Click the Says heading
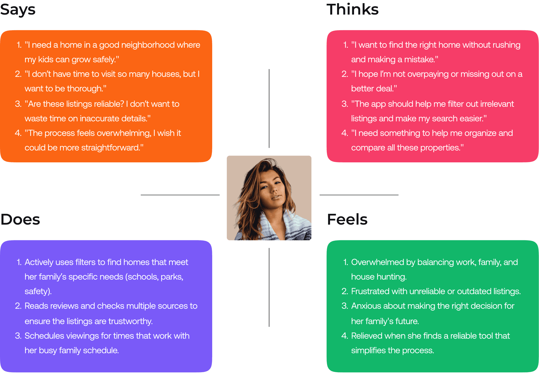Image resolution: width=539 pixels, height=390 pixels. (18, 10)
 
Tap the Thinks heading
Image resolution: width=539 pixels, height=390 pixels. (352, 9)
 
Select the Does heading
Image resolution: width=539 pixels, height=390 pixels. (20, 219)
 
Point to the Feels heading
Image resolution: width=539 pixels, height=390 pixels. (347, 219)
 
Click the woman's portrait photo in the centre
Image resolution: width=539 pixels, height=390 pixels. (269, 198)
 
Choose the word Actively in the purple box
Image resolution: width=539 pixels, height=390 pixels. (39, 262)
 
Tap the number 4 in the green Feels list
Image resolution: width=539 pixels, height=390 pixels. (344, 336)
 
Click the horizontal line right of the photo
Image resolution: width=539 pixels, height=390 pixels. (359, 195)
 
